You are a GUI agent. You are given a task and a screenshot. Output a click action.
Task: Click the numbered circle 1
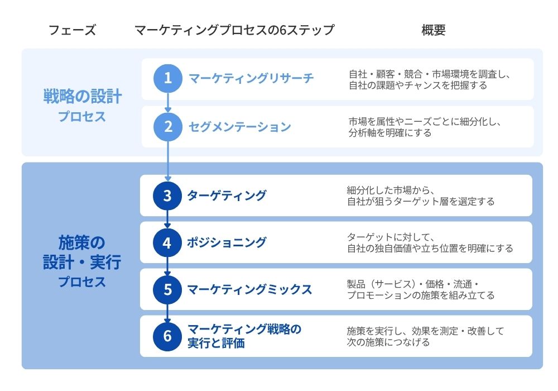coord(167,78)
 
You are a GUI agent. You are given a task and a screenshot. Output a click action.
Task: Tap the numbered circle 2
coord(167,127)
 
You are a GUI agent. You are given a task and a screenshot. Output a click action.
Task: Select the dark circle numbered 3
coord(167,195)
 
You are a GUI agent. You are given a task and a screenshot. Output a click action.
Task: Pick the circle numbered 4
coord(167,242)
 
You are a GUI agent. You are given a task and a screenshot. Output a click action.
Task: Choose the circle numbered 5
coord(167,289)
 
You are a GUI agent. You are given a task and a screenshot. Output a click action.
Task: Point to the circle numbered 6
coord(167,336)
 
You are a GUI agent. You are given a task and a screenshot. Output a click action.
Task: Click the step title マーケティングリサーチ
coord(251,78)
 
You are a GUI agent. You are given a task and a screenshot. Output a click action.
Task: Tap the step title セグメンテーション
coord(240,127)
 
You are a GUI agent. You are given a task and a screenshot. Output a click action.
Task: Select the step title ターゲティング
coord(227,195)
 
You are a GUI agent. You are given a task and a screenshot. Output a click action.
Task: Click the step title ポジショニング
coord(227,242)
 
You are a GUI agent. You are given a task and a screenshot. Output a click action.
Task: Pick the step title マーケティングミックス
coord(249,289)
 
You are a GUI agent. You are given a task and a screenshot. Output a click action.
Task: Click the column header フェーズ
coord(72,30)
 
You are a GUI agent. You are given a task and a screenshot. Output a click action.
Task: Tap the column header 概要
coord(434,30)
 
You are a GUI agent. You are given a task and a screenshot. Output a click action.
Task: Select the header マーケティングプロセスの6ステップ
coord(234,30)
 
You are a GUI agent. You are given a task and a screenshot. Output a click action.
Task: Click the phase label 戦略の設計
coord(83,97)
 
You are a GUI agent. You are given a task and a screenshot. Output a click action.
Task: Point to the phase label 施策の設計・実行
coord(82,252)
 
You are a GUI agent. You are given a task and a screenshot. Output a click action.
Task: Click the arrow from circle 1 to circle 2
coord(168,103)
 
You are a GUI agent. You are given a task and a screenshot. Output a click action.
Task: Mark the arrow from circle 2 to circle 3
coord(168,161)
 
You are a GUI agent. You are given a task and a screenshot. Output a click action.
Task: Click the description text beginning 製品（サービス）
coord(421,289)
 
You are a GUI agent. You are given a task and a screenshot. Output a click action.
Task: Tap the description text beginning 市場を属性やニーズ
coord(425,127)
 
